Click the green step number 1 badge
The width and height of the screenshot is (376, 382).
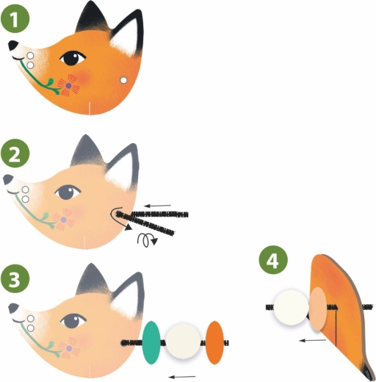point(15,18)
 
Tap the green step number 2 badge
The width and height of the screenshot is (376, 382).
point(15,154)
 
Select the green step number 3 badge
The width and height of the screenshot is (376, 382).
point(15,278)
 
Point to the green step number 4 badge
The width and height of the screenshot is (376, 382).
point(273,260)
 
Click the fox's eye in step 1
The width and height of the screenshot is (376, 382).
point(73,58)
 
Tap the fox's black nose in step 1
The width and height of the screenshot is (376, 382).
point(12,45)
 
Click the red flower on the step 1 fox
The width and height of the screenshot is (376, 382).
point(69,85)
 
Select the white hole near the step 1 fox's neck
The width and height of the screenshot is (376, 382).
point(123,80)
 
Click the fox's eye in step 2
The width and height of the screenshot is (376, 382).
point(67,192)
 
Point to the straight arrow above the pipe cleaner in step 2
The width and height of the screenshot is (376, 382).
point(157,206)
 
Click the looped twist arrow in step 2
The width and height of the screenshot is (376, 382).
point(148,240)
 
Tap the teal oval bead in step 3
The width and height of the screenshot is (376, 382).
point(151,342)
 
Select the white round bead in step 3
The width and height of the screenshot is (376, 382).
point(183,341)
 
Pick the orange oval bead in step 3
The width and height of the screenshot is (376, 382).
point(214,342)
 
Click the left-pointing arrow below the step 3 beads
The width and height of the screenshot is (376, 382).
point(182,377)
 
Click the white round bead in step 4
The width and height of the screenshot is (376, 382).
point(292,307)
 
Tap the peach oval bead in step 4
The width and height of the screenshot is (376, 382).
point(318,309)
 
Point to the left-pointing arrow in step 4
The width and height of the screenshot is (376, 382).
point(313,340)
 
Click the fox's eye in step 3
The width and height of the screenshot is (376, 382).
point(73,321)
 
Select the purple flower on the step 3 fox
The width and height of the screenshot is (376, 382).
point(69,348)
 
